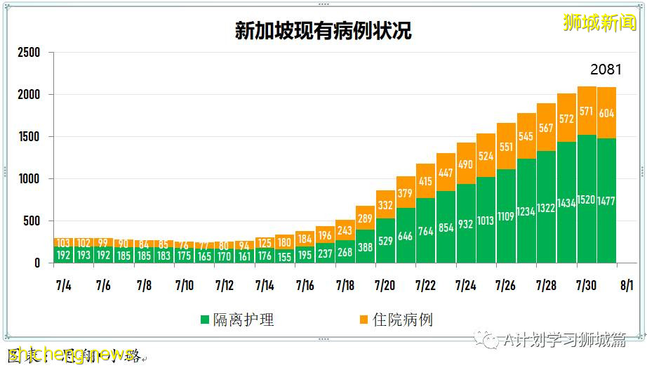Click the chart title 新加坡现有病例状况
[323, 32]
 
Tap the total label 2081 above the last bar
[606, 70]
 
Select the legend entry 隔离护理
[237, 320]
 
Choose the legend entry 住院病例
[394, 320]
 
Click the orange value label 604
[606, 113]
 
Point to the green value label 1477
[606, 201]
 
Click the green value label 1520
[587, 201]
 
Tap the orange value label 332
[385, 206]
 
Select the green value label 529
[385, 242]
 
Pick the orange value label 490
[466, 164]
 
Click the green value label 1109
[506, 217]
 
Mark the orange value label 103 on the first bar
[64, 242]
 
